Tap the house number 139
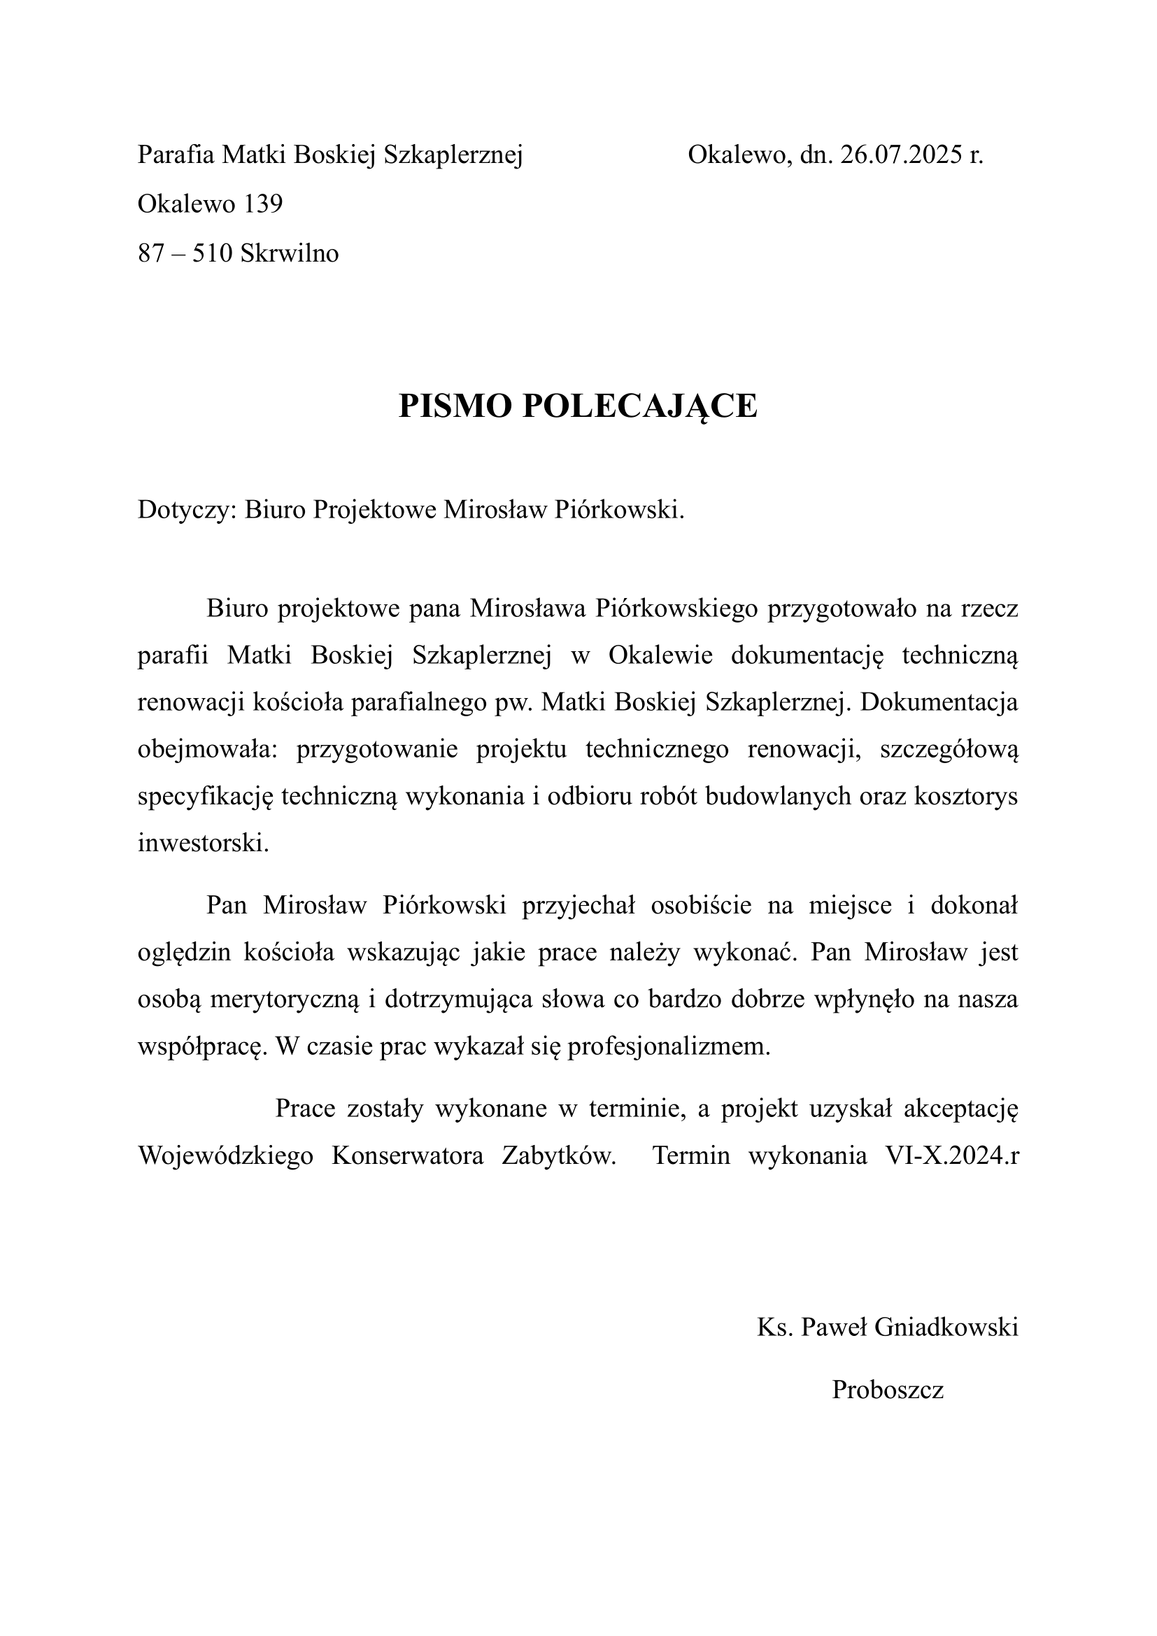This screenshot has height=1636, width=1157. pos(263,204)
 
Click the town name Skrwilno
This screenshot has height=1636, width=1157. pos(290,253)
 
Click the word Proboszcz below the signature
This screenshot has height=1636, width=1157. pos(888,1390)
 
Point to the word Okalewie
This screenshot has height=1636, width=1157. pos(660,655)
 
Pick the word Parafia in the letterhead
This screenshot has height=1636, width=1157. pos(176,155)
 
